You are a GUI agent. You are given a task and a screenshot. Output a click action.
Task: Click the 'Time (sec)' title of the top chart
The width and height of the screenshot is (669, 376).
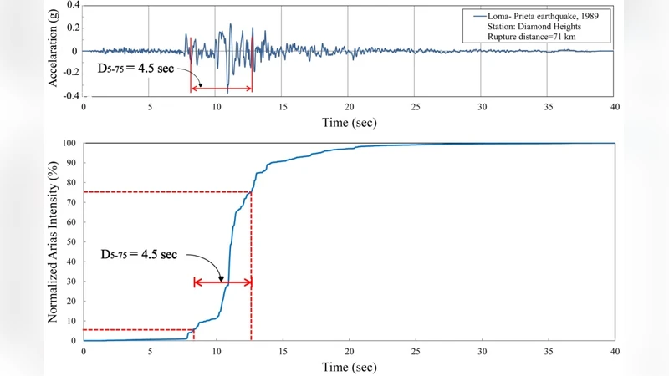[x=349, y=123]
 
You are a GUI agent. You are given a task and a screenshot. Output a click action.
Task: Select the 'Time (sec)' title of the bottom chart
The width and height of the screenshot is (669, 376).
[x=349, y=367]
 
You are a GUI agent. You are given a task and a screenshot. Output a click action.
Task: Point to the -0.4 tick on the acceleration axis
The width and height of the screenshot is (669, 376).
[x=70, y=95]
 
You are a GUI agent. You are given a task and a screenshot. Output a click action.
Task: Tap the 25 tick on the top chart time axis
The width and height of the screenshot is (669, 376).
[x=415, y=107]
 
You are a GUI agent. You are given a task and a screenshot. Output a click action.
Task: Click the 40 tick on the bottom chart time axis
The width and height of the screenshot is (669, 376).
[x=615, y=352]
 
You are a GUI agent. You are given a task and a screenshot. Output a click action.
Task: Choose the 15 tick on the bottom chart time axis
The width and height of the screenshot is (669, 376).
[x=283, y=352]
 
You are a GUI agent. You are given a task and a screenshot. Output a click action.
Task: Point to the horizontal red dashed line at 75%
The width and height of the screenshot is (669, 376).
[x=167, y=192]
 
